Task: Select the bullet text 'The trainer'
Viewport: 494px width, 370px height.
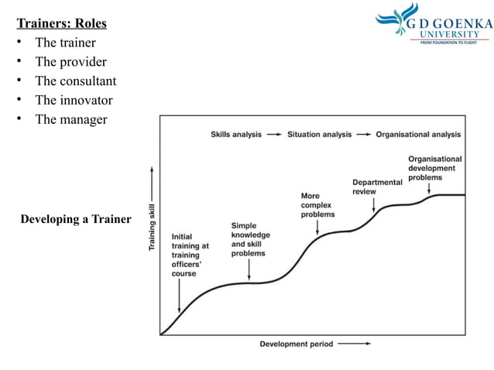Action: pos(66,43)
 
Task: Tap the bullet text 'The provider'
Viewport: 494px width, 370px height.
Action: pos(70,62)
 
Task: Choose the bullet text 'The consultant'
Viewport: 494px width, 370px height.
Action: pos(75,81)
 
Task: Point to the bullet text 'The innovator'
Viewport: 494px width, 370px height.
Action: pos(74,101)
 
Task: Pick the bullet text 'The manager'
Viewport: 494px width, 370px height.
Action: pos(70,120)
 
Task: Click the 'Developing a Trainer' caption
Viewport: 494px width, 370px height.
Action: pos(76,219)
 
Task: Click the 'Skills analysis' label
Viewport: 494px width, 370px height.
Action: pos(236,134)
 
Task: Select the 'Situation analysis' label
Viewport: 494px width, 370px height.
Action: pos(319,134)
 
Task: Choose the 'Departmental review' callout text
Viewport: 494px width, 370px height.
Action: pos(377,187)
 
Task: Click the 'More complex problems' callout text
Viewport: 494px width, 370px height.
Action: pos(319,205)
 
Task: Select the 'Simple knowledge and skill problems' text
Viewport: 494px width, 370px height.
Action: pos(248,239)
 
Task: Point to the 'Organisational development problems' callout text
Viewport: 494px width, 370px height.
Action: pos(434,168)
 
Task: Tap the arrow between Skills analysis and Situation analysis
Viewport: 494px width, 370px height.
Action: pos(274,134)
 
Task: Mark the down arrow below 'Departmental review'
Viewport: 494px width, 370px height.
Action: pos(374,205)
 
